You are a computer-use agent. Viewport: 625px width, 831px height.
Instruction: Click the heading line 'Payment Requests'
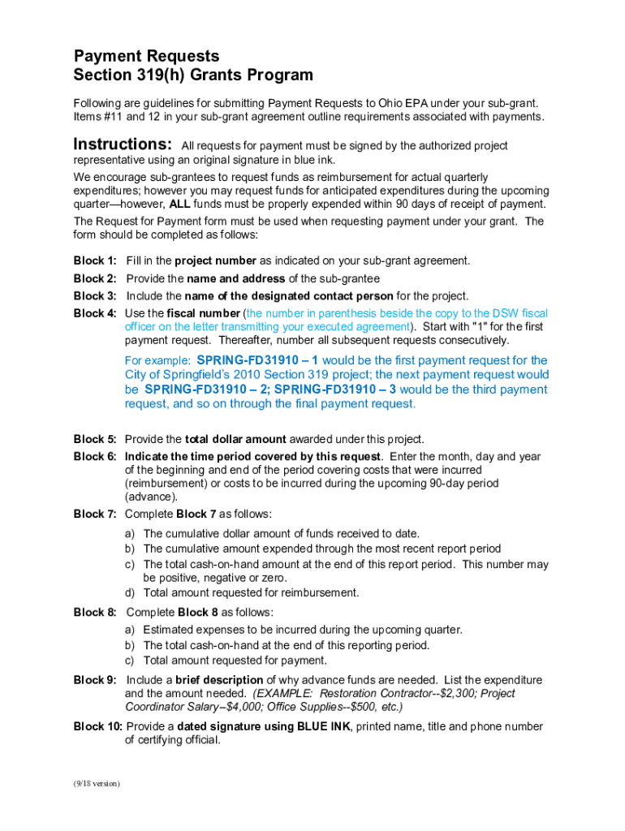tap(146, 56)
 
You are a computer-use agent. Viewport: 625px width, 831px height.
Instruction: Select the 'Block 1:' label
tap(95, 260)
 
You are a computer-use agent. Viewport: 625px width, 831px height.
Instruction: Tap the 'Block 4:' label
tap(95, 313)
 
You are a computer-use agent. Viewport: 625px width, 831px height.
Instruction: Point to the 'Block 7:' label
tap(95, 514)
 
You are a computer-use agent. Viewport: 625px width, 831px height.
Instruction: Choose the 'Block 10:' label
tap(97, 726)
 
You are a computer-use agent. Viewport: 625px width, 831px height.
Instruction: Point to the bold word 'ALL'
tap(179, 204)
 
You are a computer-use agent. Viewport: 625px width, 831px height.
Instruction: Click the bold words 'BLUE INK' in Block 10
tap(325, 726)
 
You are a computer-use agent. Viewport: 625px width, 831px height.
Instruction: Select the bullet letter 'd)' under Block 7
tap(130, 592)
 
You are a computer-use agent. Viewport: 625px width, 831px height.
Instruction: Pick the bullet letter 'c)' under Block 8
tap(130, 660)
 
